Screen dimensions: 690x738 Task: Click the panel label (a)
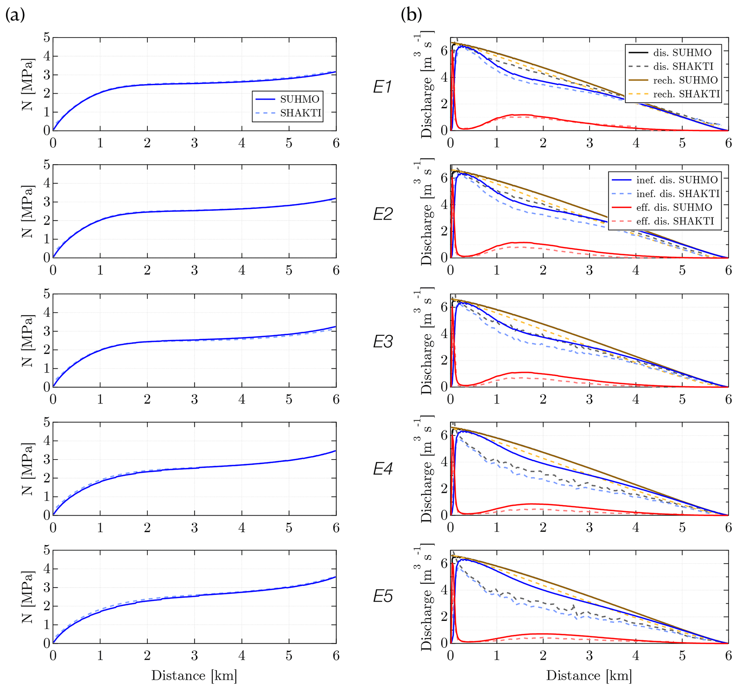point(15,15)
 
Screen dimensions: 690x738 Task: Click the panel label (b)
point(411,15)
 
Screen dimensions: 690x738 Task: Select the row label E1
point(382,87)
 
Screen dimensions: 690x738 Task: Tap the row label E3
point(382,342)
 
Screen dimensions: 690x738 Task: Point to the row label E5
point(382,597)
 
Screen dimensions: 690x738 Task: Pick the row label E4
point(382,469)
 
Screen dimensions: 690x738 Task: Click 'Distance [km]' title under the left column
point(194,675)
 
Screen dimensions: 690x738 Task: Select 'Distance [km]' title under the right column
point(589,675)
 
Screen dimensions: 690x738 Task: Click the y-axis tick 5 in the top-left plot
point(47,37)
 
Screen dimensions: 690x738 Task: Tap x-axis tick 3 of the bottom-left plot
point(195,655)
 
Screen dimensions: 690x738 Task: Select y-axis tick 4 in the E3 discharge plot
point(444,334)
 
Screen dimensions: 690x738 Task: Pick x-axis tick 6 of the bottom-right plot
point(728,655)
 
